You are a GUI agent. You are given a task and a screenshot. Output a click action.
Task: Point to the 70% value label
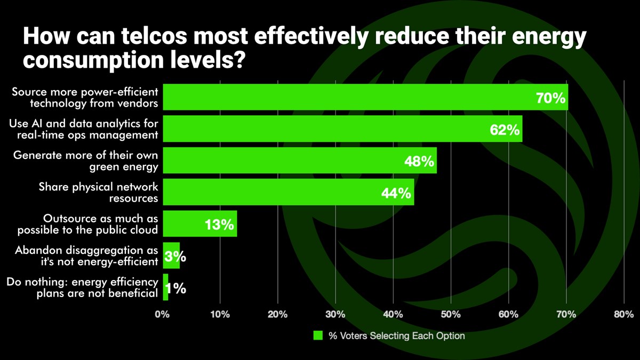[551, 98]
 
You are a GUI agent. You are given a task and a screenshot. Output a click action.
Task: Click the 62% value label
[505, 130]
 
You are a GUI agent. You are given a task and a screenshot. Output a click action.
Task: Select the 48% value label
[419, 161]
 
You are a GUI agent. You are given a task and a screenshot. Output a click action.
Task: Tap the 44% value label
[396, 193]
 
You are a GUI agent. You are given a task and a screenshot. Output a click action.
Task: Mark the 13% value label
[219, 225]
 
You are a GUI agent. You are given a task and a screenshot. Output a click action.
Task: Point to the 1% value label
[175, 289]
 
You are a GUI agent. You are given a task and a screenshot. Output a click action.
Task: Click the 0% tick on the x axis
[163, 314]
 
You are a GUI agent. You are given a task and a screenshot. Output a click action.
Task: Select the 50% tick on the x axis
[451, 314]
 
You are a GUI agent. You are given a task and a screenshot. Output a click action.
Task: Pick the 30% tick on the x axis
[335, 314]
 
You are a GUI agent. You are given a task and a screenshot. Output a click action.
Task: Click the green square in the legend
[318, 336]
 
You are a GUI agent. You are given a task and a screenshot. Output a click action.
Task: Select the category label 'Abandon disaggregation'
[86, 255]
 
